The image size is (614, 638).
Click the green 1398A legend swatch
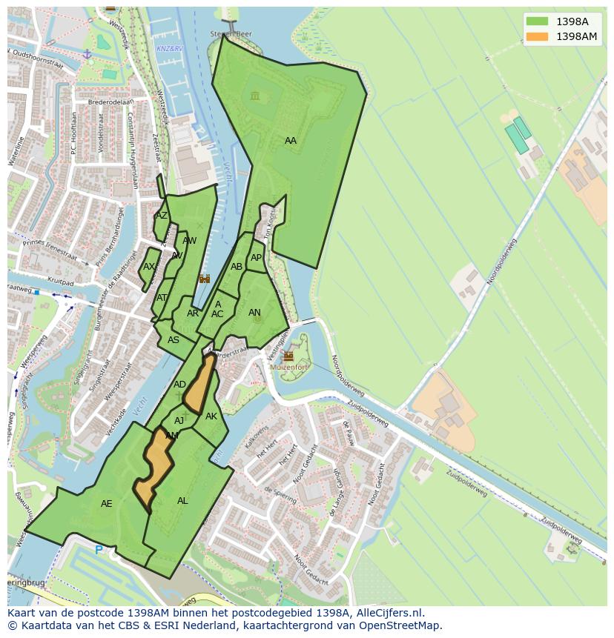click(537, 21)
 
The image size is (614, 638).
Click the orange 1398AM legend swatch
click(537, 36)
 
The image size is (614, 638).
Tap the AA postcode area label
click(291, 141)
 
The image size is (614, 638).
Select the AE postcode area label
click(107, 504)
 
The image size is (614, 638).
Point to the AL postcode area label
click(182, 501)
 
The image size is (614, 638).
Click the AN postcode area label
click(254, 313)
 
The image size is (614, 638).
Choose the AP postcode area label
click(256, 258)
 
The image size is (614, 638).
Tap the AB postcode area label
click(237, 267)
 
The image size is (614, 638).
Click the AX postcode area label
click(149, 267)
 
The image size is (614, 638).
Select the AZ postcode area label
click(161, 216)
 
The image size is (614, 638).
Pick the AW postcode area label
click(190, 241)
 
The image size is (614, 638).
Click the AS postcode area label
click(174, 340)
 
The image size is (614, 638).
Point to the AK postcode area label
click(211, 416)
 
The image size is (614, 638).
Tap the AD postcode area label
click(179, 385)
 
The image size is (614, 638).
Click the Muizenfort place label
click(288, 366)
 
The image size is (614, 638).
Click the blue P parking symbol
click(99, 551)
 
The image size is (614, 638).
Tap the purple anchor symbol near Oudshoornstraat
click(87, 54)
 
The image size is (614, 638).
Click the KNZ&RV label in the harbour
click(169, 49)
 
